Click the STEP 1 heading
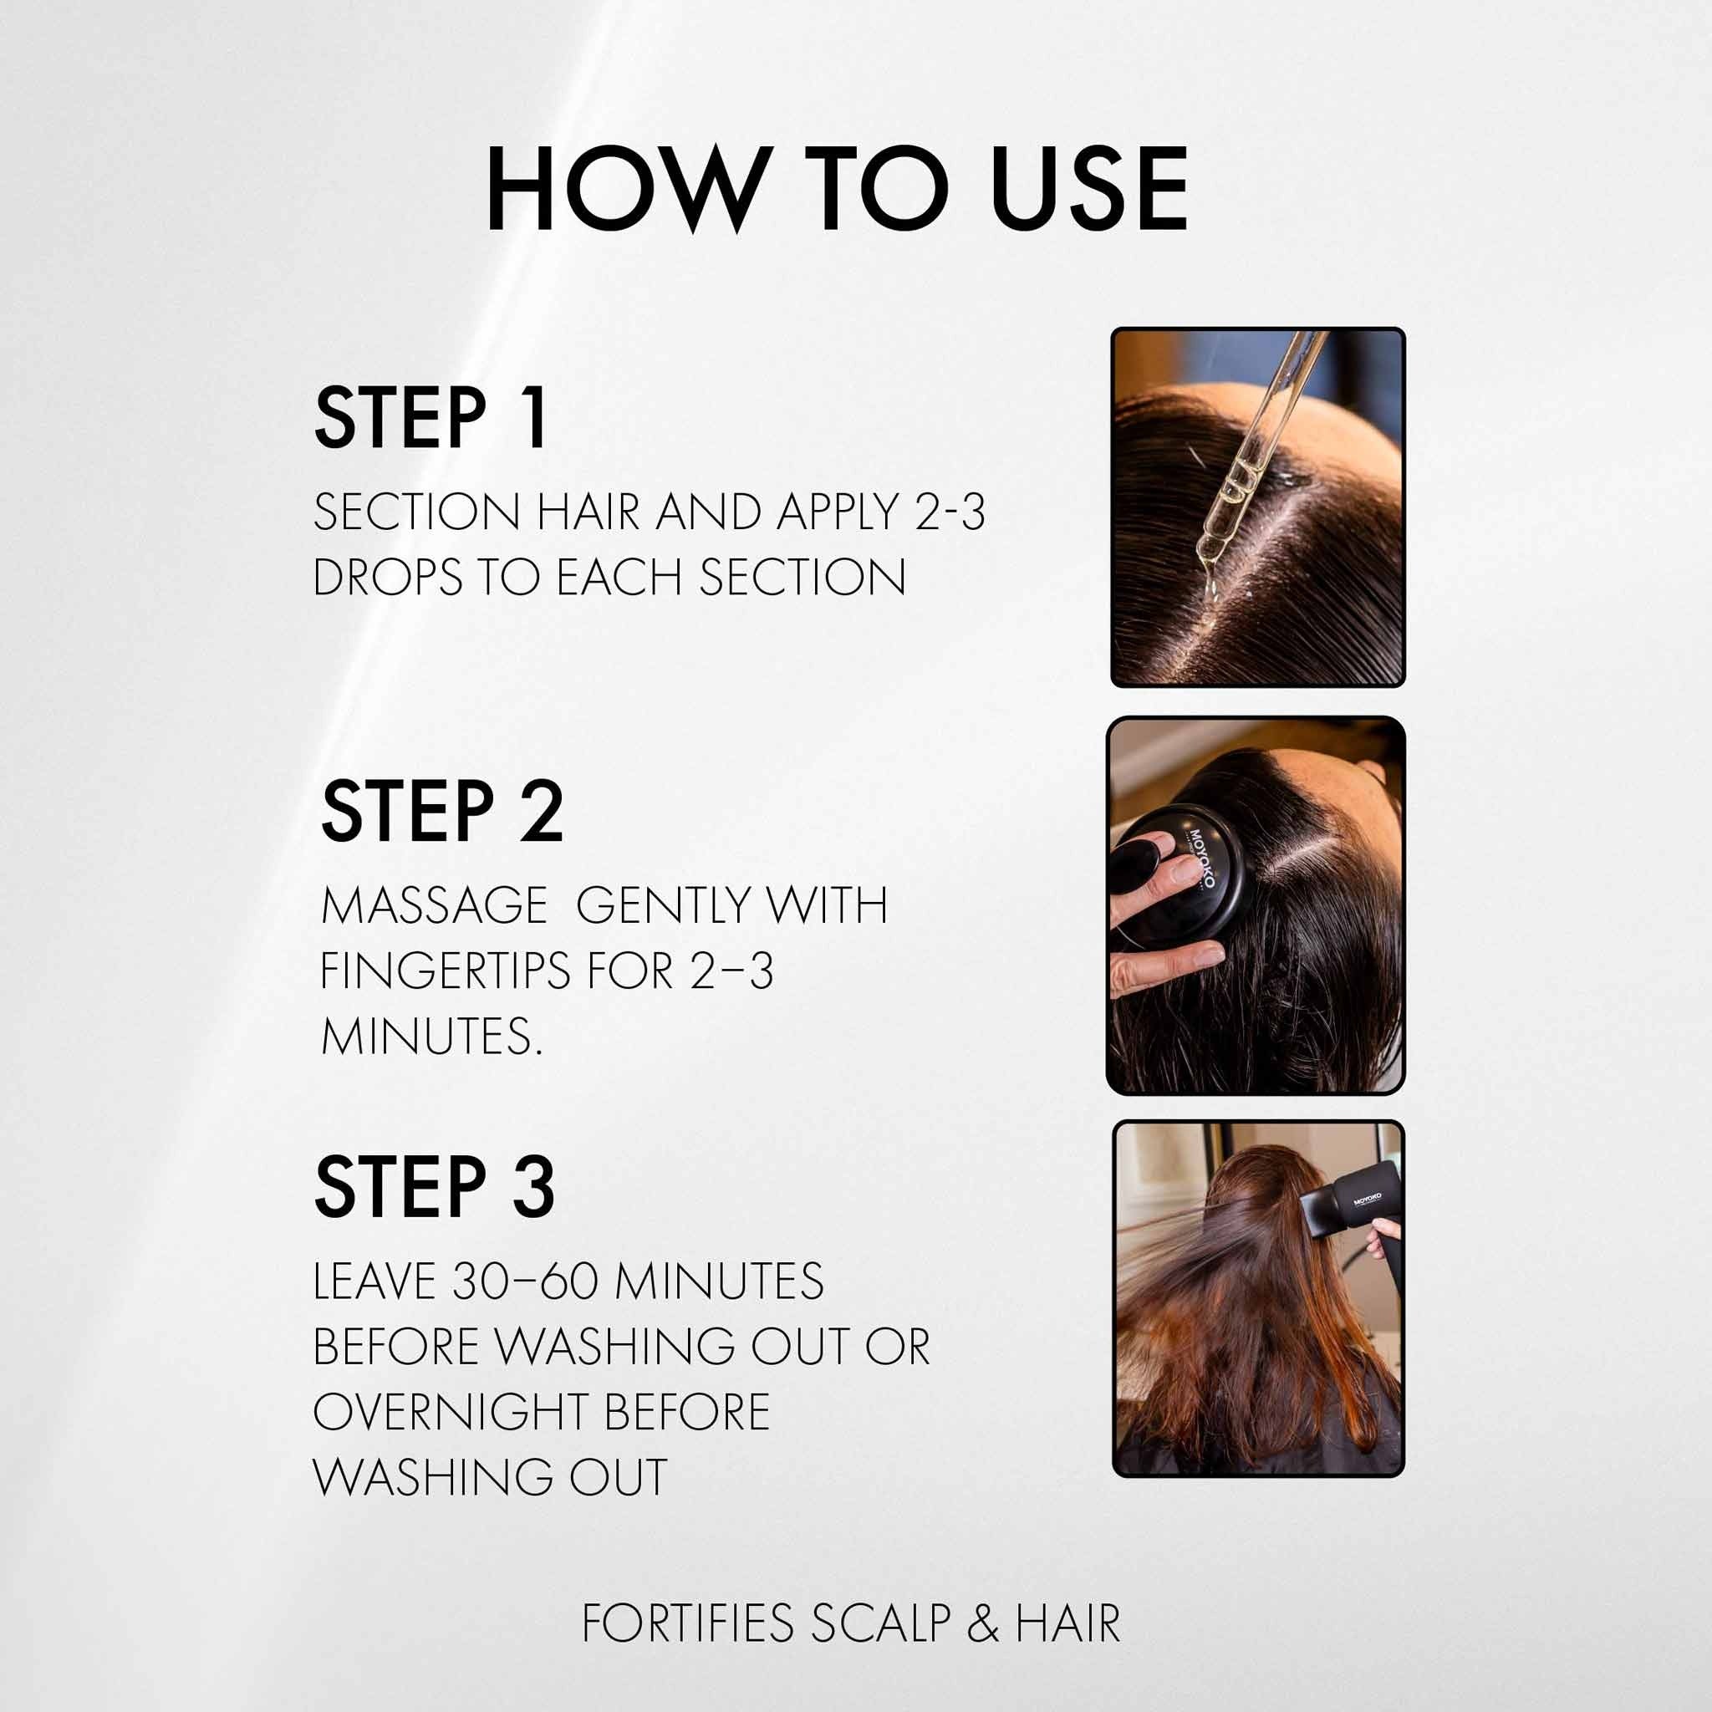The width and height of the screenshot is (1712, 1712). [x=431, y=418]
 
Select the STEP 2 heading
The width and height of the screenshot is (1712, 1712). [x=442, y=811]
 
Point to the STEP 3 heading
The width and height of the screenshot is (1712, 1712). [x=434, y=1187]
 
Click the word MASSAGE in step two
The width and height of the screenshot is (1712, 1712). [x=434, y=904]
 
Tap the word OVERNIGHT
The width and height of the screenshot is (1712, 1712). [x=451, y=1412]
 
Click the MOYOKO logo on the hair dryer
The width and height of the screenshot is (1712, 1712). [x=1368, y=1199]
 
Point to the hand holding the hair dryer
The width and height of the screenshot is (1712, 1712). [x=1383, y=1239]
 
